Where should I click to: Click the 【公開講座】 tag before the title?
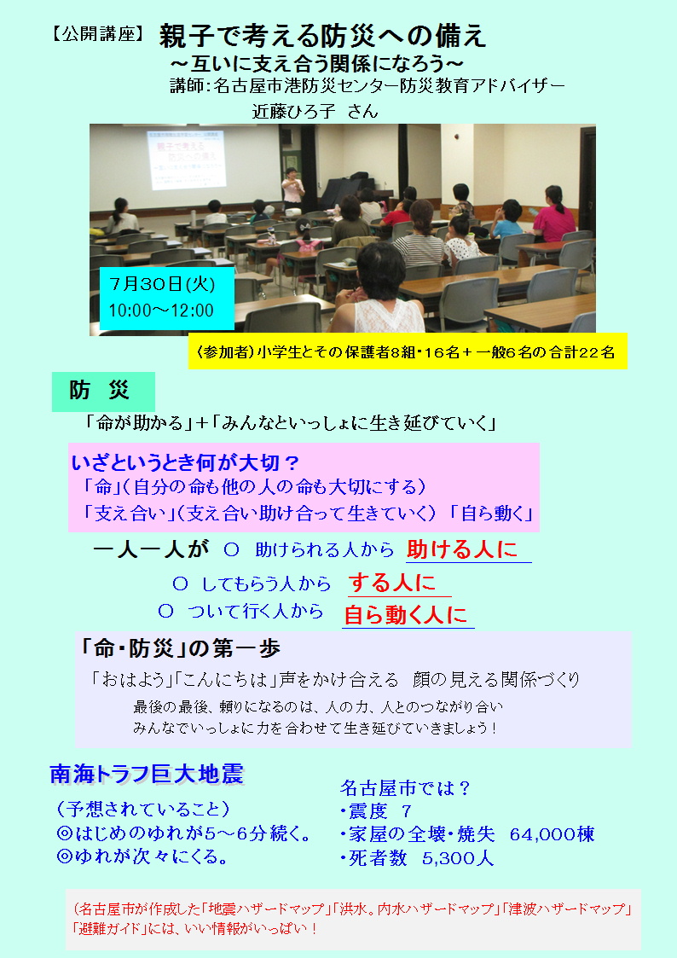[98, 35]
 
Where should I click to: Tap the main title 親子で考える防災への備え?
[323, 36]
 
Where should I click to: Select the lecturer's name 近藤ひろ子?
[293, 111]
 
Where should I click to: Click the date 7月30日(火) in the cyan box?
[162, 284]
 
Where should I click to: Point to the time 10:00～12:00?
[161, 311]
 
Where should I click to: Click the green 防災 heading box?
[103, 391]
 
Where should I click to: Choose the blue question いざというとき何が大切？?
[185, 462]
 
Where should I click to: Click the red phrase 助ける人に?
[462, 549]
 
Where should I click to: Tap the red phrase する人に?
[392, 583]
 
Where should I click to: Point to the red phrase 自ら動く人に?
[405, 614]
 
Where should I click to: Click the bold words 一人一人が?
[151, 549]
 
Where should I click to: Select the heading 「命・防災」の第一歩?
[180, 648]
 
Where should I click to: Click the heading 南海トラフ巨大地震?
[147, 774]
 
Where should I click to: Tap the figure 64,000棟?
[552, 834]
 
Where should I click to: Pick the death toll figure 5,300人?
[458, 858]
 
